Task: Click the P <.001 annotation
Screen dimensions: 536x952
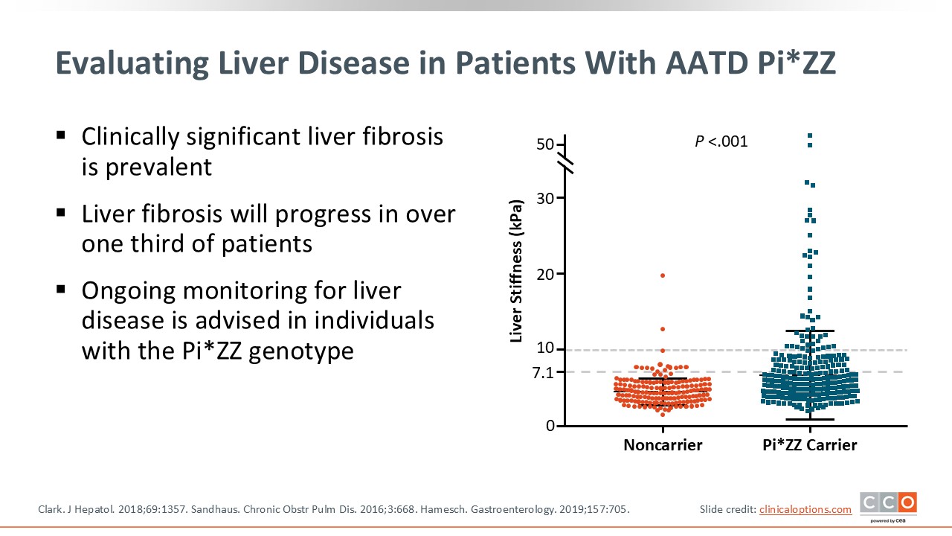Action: pyautogui.click(x=721, y=141)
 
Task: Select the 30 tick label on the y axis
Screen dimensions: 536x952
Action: pyautogui.click(x=546, y=198)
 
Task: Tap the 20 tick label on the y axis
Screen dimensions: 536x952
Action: pyautogui.click(x=546, y=274)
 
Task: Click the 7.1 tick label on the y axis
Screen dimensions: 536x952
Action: pyautogui.click(x=544, y=373)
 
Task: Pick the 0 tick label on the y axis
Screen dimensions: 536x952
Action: pyautogui.click(x=550, y=426)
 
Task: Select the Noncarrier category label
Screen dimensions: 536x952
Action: pyautogui.click(x=663, y=445)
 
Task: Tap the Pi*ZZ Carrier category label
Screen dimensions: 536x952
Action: pyautogui.click(x=809, y=445)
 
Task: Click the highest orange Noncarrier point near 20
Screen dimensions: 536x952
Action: pyautogui.click(x=663, y=275)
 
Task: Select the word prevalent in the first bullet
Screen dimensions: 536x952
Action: pyautogui.click(x=157, y=166)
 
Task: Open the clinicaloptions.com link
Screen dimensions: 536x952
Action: pyautogui.click(x=805, y=509)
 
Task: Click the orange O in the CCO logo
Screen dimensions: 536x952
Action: pyautogui.click(x=907, y=502)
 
